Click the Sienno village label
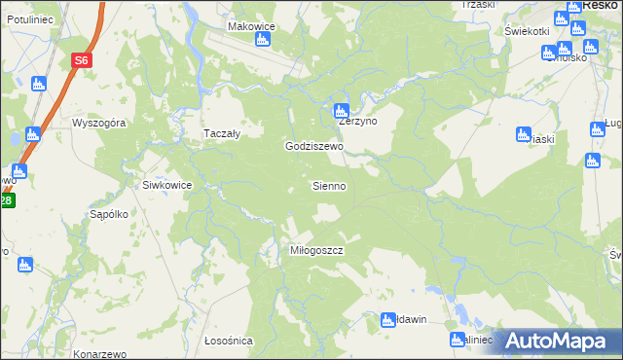(x=328, y=185)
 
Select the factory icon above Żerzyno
(x=341, y=110)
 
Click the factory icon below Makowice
(x=261, y=40)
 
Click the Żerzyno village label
(x=357, y=123)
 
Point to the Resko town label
(x=603, y=5)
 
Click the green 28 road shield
(x=6, y=201)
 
